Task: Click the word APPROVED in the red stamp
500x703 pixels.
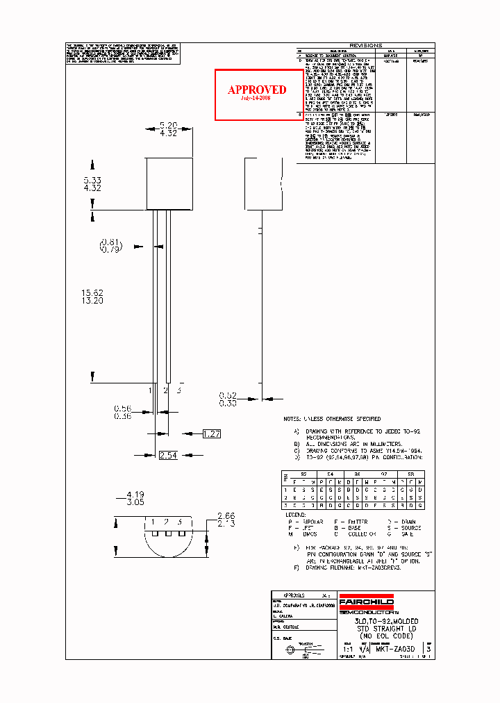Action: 257,90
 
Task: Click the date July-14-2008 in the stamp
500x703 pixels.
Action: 256,99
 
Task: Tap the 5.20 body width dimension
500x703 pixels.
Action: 169,125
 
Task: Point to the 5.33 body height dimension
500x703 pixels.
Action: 92,179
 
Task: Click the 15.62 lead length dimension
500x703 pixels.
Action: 92,293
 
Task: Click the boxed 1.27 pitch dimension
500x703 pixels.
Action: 211,434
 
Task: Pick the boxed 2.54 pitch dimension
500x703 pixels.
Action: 169,455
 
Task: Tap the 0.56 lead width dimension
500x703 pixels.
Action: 123,408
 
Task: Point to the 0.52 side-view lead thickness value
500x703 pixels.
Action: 228,395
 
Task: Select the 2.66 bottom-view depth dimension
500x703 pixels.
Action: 226,515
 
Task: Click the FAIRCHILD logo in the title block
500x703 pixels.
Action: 366,602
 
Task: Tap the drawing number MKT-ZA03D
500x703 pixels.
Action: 395,648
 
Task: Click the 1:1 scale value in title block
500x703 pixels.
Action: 347,648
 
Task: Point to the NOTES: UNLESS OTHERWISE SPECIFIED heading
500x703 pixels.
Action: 332,419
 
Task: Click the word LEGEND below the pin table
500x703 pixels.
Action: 297,515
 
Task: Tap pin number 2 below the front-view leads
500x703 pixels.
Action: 165,390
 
